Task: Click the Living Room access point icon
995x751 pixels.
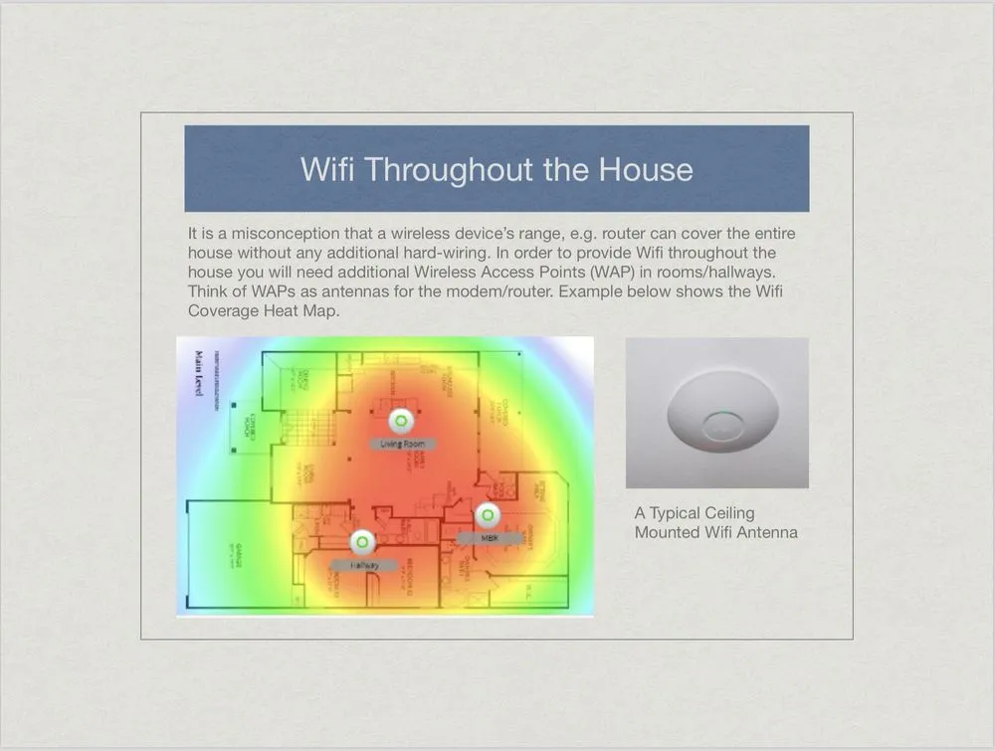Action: [400, 419]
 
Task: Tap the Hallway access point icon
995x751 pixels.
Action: [363, 542]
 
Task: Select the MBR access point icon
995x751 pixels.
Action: [487, 515]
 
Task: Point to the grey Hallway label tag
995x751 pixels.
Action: [363, 565]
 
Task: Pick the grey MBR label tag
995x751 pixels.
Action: [489, 538]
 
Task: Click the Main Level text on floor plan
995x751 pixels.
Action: [199, 375]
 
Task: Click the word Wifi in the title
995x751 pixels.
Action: [326, 169]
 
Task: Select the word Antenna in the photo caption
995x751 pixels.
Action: [766, 532]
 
